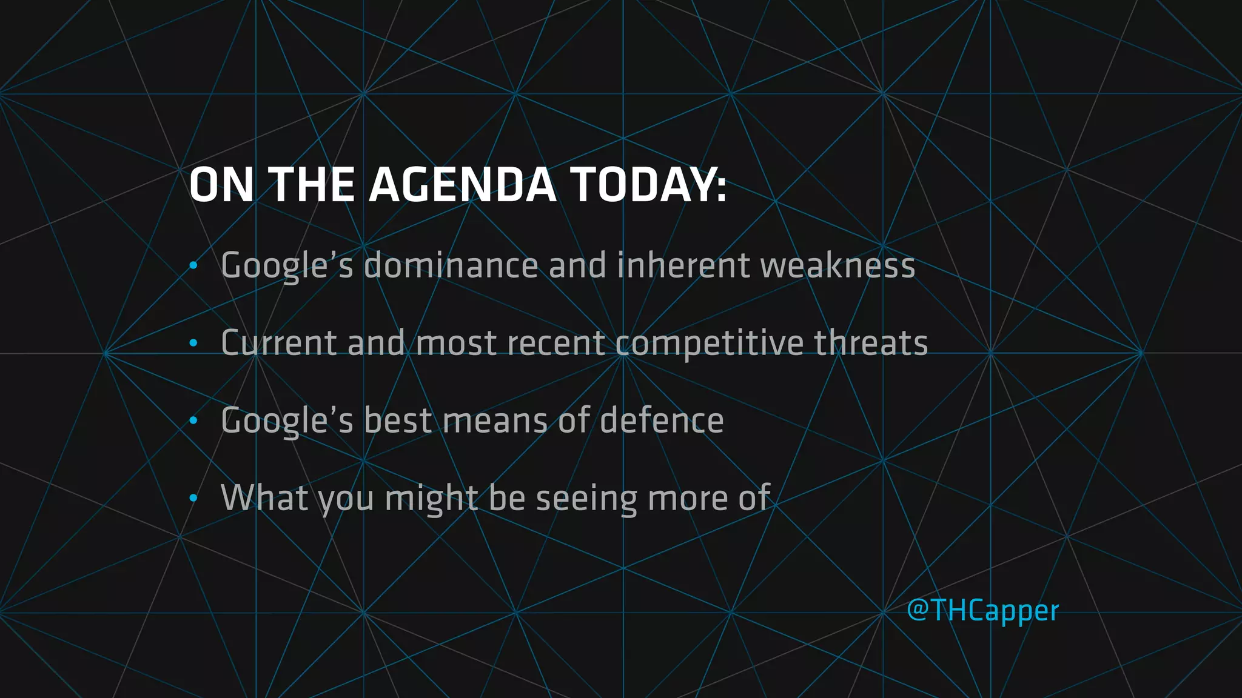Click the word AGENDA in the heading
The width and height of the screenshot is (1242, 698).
point(462,185)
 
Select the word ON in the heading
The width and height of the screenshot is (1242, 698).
point(221,185)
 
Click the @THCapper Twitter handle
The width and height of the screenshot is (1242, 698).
point(982,610)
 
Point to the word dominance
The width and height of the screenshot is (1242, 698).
point(451,265)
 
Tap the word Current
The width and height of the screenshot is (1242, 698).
point(278,343)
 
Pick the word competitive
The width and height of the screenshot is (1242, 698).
point(709,344)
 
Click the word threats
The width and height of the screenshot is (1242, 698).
point(870,343)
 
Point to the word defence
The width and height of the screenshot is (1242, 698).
point(662,420)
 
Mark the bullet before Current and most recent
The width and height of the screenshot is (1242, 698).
point(193,344)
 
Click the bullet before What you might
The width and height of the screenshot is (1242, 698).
point(193,499)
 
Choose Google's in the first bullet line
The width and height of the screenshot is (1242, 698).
point(287,267)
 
